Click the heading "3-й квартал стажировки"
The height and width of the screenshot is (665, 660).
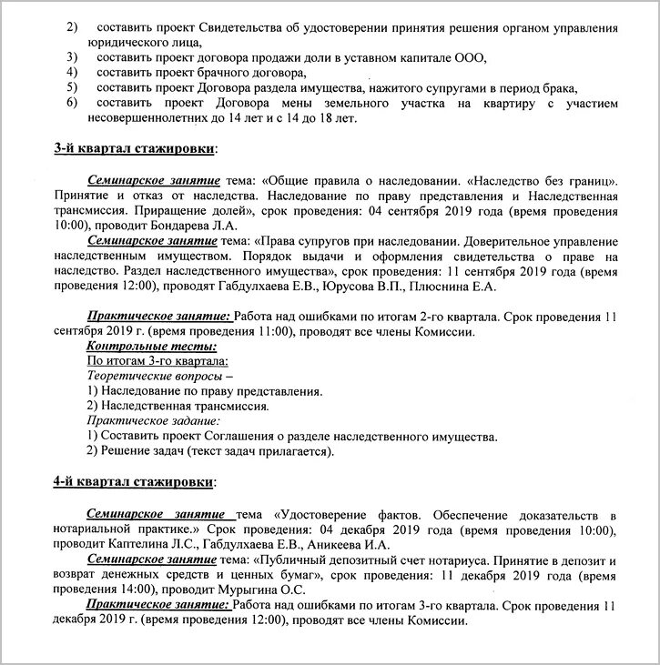tap(135, 147)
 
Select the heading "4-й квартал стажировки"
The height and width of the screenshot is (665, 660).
tap(135, 480)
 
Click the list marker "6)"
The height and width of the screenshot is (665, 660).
tap(72, 102)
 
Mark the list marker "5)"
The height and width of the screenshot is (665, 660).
tap(72, 86)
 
